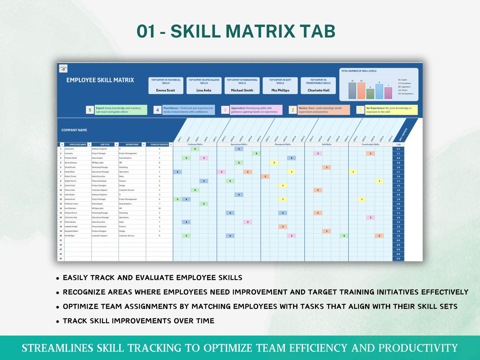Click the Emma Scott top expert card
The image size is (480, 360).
(x=166, y=86)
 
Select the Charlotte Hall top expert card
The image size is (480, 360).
(x=318, y=86)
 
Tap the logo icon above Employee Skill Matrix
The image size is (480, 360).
(x=63, y=69)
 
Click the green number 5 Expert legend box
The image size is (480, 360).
(x=90, y=110)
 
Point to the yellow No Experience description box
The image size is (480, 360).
(x=391, y=110)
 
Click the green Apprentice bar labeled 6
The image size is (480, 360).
(x=370, y=94)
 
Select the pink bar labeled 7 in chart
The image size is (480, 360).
(x=388, y=93)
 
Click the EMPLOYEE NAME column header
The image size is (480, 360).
(x=78, y=144)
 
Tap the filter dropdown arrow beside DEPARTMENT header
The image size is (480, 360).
(x=144, y=144)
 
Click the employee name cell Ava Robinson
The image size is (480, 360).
(x=70, y=208)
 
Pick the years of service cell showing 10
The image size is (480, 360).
(x=159, y=208)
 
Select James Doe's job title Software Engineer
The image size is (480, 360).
(x=100, y=149)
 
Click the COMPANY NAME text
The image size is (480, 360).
(x=74, y=130)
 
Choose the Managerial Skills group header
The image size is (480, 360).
(x=283, y=144)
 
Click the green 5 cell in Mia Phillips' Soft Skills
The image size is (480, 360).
(x=344, y=236)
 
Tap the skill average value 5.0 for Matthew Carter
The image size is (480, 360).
(x=398, y=204)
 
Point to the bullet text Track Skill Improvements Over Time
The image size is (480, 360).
(x=138, y=321)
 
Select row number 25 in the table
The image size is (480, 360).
(x=60, y=258)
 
